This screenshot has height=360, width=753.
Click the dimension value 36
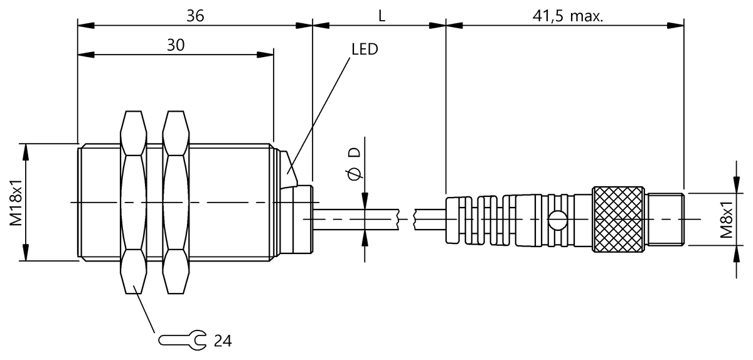pyautogui.click(x=195, y=16)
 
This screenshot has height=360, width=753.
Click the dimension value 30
pyautogui.click(x=176, y=45)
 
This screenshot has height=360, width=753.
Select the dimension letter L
pyautogui.click(x=381, y=16)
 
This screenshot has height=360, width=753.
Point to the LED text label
pyautogui.click(x=365, y=49)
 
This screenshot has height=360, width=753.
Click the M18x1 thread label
pyautogui.click(x=17, y=202)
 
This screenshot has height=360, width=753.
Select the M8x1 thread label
pyautogui.click(x=727, y=219)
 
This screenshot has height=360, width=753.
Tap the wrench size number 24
pyautogui.click(x=222, y=341)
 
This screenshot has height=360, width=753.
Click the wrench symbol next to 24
pyautogui.click(x=181, y=341)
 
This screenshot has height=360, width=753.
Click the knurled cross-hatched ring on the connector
pyautogui.click(x=618, y=219)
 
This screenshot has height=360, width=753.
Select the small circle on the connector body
pyautogui.click(x=555, y=220)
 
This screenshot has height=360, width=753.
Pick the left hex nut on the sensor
pyautogui.click(x=132, y=202)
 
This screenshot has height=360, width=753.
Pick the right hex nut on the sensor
pyautogui.click(x=175, y=202)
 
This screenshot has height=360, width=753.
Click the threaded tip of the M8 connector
pyautogui.click(x=666, y=219)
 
